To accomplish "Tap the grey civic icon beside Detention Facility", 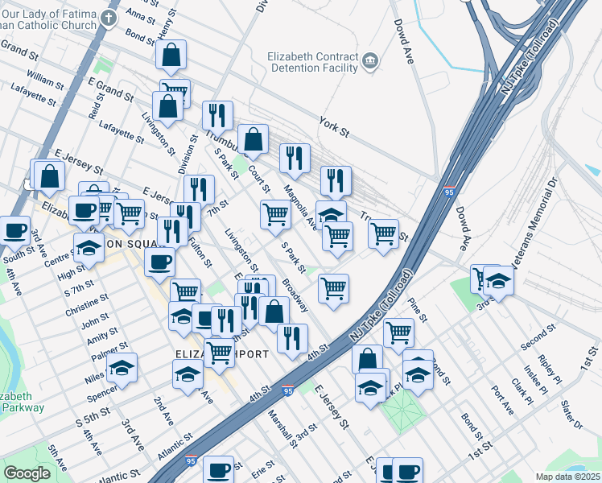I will coord(370,60).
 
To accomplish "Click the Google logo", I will coord(27,473).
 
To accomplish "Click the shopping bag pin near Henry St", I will coord(171,56).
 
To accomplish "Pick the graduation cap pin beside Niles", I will coord(122,368).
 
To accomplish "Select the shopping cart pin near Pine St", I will coord(398,332).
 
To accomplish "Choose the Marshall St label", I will coord(282,426).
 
